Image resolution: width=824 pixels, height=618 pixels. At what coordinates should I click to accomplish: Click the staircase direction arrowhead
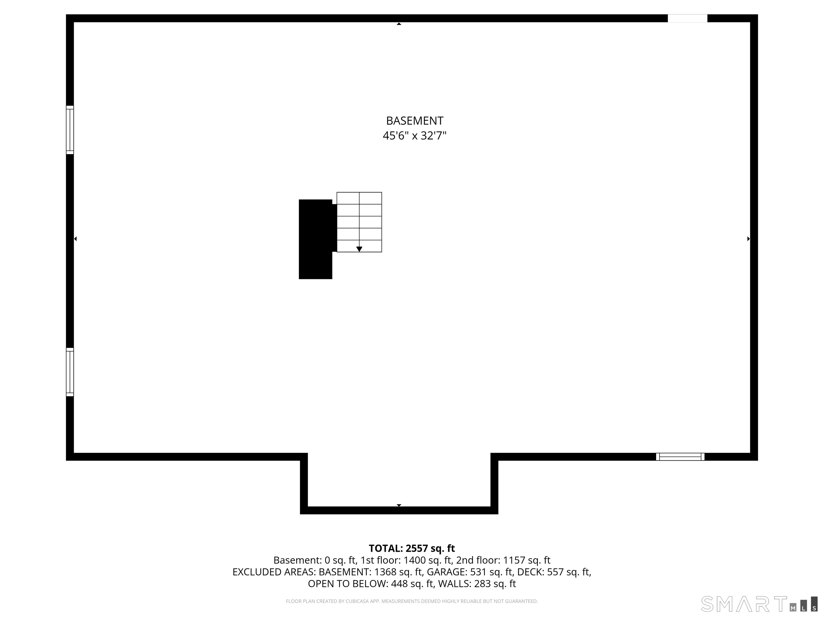click(359, 249)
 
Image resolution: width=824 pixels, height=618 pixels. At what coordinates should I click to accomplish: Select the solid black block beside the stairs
click(315, 239)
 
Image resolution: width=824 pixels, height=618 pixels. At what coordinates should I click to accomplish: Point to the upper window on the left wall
click(70, 130)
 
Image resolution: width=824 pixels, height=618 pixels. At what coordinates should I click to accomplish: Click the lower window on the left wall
click(70, 372)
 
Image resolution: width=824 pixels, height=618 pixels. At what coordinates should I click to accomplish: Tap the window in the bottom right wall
click(680, 457)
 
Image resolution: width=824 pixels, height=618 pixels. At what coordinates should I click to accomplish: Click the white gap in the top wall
click(687, 18)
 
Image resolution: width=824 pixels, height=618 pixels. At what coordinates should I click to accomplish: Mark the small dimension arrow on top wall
click(399, 24)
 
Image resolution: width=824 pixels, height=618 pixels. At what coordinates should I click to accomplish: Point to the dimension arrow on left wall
click(76, 239)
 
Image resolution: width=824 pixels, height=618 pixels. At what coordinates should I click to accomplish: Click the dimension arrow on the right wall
click(748, 239)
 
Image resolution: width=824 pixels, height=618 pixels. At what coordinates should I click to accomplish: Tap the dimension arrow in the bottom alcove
click(399, 505)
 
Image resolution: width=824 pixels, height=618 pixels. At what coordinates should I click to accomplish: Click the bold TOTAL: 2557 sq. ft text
click(412, 548)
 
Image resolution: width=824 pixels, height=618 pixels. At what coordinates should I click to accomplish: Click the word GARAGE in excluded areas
click(446, 572)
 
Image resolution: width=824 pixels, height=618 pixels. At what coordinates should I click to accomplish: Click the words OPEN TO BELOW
click(348, 584)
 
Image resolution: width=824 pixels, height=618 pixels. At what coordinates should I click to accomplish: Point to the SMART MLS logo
click(759, 604)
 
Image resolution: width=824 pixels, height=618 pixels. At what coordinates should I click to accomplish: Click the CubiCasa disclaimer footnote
click(412, 601)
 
